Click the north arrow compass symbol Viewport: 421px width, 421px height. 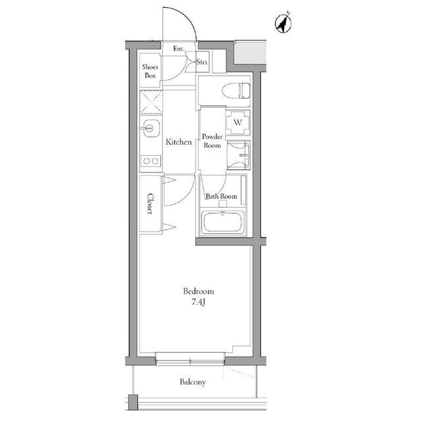pos(283,24)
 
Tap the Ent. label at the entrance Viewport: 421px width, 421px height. pos(178,49)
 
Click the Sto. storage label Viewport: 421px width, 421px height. pos(202,62)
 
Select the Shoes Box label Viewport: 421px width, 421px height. pos(151,70)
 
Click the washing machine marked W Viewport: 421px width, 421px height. pos(238,122)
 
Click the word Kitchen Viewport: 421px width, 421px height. pos(178,142)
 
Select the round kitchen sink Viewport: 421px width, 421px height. pos(149,128)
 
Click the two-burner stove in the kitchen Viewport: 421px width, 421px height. pos(151,161)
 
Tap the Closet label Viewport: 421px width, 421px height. pos(151,204)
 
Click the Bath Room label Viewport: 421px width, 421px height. pos(221,196)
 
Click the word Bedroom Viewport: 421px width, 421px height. pos(198,291)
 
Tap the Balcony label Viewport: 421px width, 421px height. pos(192,382)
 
